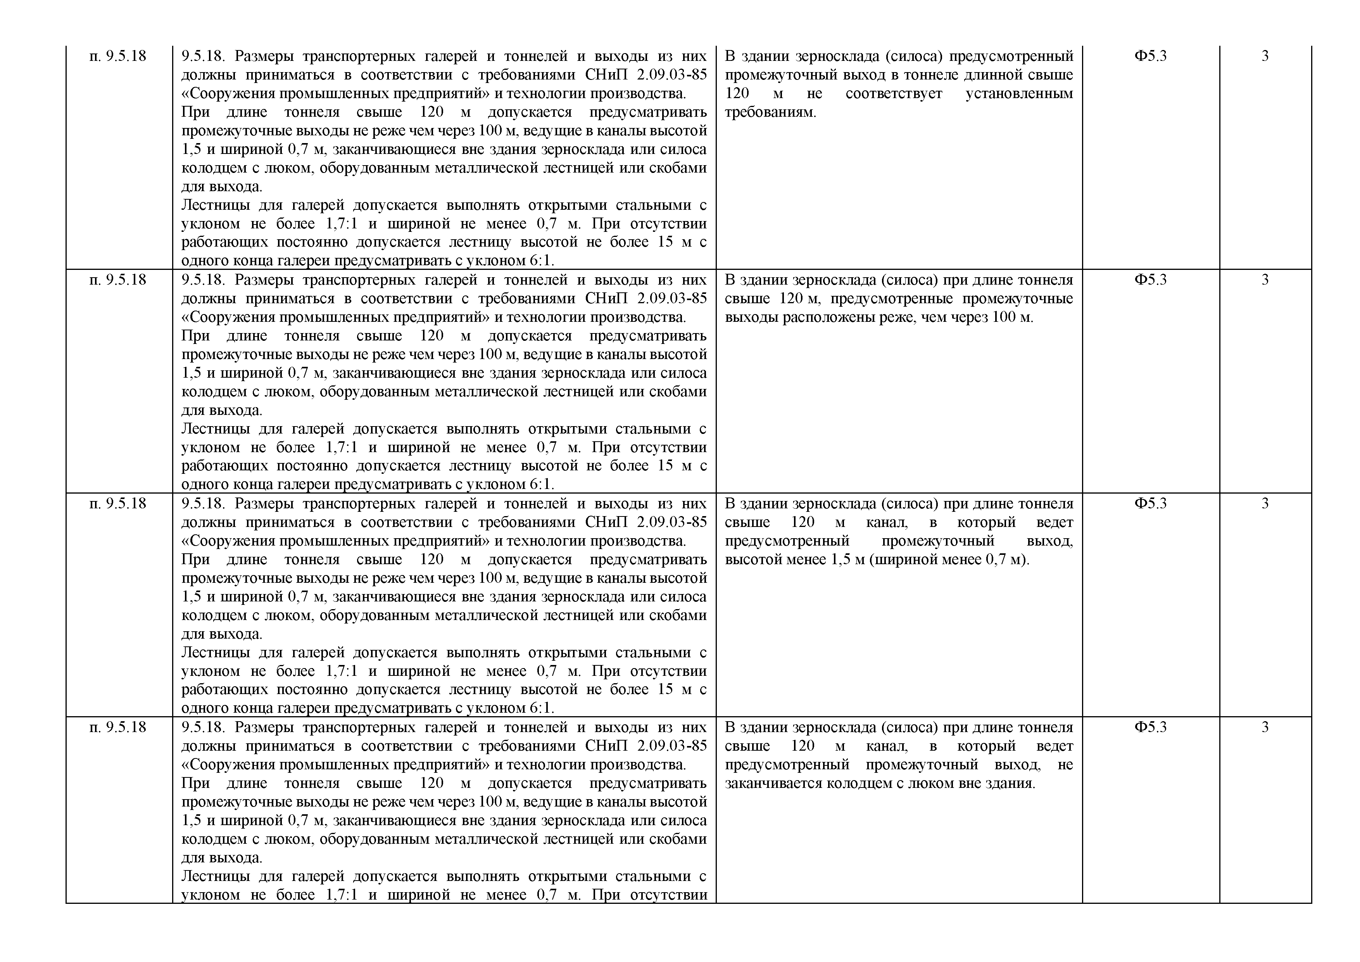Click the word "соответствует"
(x=894, y=93)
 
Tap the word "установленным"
(x=1019, y=93)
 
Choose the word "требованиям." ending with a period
(x=770, y=112)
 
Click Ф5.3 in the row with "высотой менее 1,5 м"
(x=1150, y=504)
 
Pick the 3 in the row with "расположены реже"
(x=1265, y=280)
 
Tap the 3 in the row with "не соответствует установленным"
(x=1265, y=56)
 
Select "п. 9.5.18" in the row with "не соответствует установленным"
(x=118, y=56)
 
